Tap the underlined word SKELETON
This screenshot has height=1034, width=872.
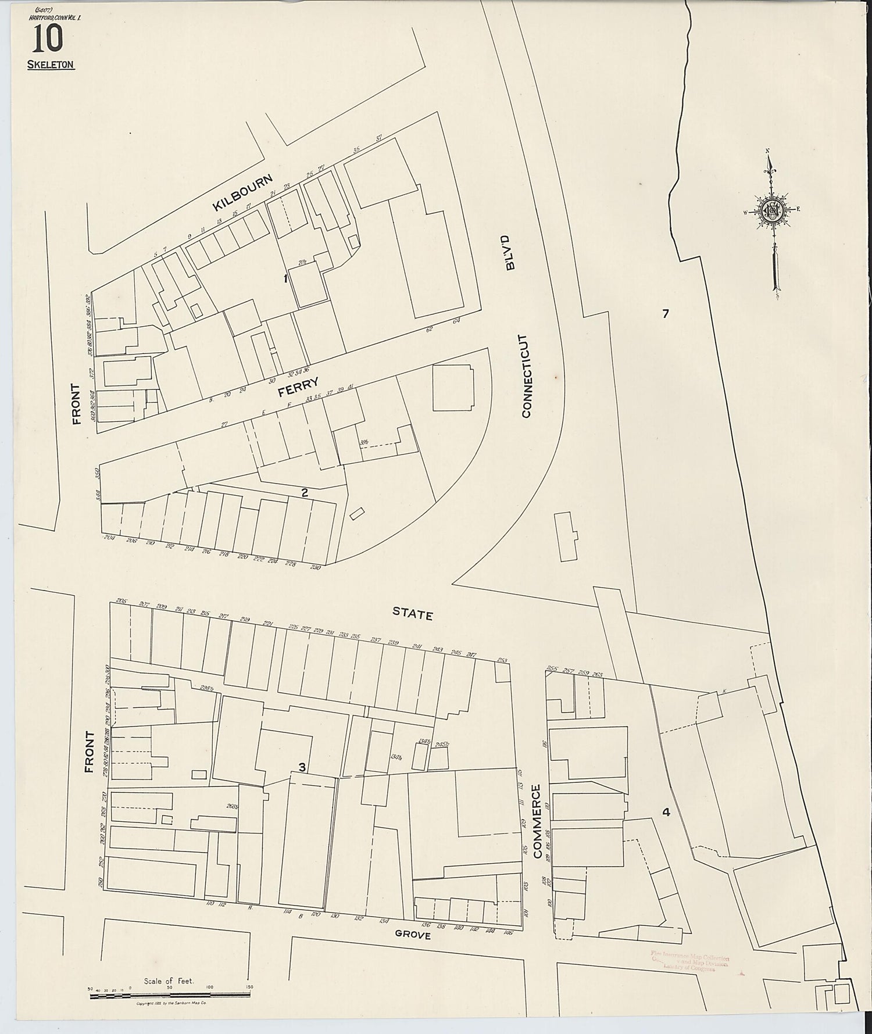point(51,65)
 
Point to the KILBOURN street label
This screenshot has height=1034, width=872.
point(242,192)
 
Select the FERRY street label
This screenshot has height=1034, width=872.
point(298,387)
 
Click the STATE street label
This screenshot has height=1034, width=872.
point(412,613)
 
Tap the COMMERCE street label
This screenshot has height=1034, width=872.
point(537,821)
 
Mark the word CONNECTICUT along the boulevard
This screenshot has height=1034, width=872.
point(526,375)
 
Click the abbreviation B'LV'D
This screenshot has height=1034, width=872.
point(510,253)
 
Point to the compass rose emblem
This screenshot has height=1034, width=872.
point(773,212)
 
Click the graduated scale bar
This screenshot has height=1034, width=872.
point(169,996)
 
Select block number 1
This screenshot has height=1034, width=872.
point(285,279)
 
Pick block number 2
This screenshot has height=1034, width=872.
point(304,493)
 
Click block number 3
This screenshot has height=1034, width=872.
point(302,767)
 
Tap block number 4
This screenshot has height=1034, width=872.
point(666,812)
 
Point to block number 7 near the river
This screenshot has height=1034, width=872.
point(666,314)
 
